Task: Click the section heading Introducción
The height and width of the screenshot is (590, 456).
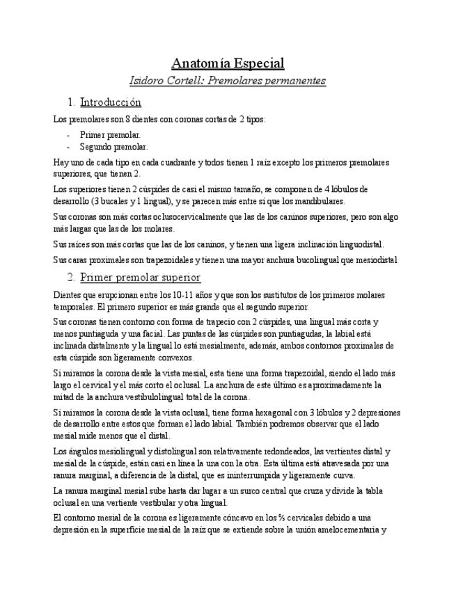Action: tap(111, 102)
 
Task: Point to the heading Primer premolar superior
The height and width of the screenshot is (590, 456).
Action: tap(140, 278)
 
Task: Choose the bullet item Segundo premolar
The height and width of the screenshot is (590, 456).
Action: tap(113, 147)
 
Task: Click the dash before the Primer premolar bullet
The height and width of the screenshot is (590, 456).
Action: tap(69, 134)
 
